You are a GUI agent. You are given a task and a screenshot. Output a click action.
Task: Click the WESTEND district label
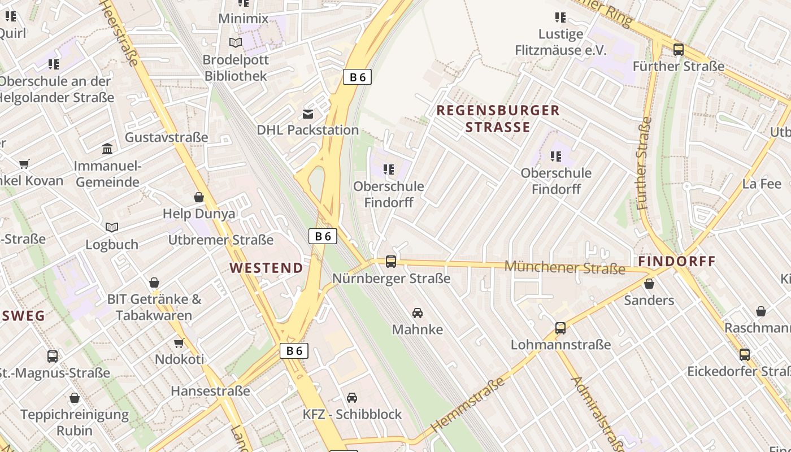pos(266,268)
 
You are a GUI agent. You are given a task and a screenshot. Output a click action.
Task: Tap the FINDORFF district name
pos(677,262)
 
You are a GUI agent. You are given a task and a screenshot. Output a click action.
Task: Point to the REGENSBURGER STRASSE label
pos(498,119)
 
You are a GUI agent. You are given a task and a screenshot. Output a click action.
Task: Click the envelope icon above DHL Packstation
pos(308,115)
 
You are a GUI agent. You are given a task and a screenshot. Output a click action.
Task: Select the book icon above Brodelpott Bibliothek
pos(236,43)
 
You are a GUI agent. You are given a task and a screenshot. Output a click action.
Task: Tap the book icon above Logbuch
pos(112,228)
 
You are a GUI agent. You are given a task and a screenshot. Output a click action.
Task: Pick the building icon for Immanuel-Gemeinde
pos(107,149)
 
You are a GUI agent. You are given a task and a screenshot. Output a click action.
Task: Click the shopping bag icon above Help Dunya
pos(199,197)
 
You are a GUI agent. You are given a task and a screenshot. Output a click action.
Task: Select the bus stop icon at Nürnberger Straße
pos(391,262)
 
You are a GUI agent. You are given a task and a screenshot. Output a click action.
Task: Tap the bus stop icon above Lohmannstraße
pos(560,328)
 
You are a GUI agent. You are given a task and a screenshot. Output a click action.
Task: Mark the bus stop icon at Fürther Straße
pos(679,50)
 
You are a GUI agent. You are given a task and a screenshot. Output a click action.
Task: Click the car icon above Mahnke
pos(418,313)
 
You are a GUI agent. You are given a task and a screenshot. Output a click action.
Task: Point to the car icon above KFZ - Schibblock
pos(352,398)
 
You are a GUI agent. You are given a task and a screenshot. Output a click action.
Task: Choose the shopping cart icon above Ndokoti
pos(179,343)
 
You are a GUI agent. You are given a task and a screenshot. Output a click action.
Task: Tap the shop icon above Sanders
pos(649,284)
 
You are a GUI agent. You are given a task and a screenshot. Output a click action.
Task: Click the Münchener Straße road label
pos(564,267)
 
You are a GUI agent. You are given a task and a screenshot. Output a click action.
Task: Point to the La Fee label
pos(762,184)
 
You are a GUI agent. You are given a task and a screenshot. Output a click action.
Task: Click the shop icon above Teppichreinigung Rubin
pos(75,398)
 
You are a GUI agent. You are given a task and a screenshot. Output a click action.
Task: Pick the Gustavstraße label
pos(166,137)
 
